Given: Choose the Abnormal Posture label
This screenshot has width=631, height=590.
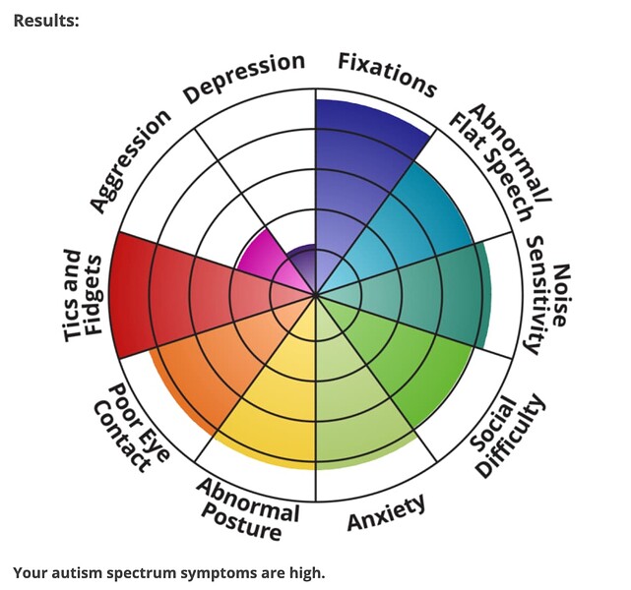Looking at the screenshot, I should coord(247,507).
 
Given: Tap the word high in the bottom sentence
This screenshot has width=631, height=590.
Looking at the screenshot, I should coord(303,571).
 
